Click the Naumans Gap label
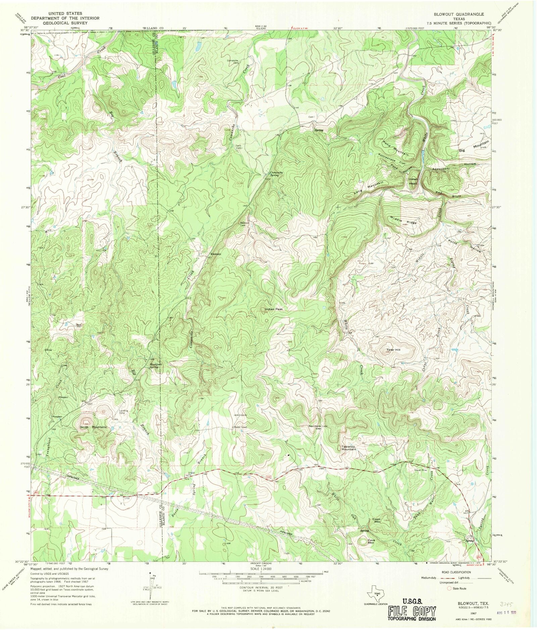[315, 428]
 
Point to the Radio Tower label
[240, 427]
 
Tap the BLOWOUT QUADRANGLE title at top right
[458, 14]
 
